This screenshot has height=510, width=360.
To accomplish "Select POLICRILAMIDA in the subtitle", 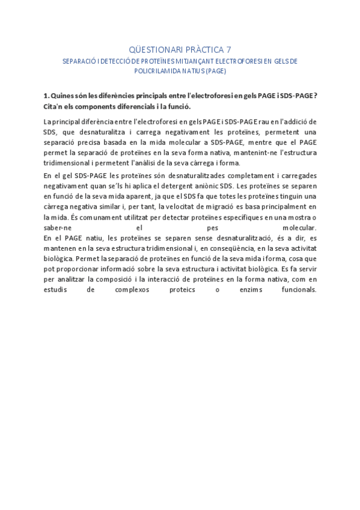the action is coord(160,70).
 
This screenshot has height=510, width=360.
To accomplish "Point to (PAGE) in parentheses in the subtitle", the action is coord(215,70).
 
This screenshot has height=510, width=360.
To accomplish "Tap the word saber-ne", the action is coord(57,228).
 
